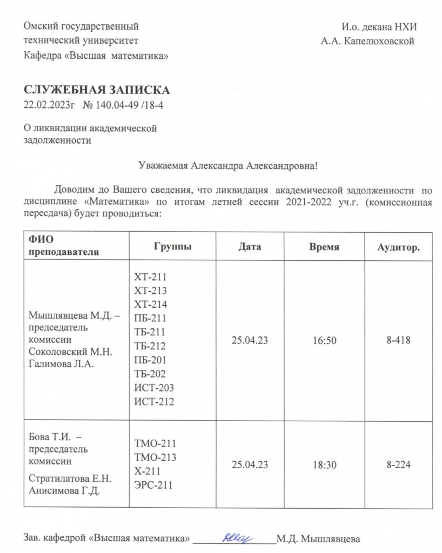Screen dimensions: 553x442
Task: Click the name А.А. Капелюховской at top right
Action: tap(367, 41)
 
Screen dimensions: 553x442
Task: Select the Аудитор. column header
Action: tap(399, 247)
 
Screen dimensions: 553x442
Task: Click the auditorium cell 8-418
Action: tap(399, 341)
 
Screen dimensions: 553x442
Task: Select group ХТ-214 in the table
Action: tap(151, 304)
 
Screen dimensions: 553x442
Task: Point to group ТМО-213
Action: tap(155, 457)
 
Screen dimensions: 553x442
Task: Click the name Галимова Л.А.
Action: tap(61, 365)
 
